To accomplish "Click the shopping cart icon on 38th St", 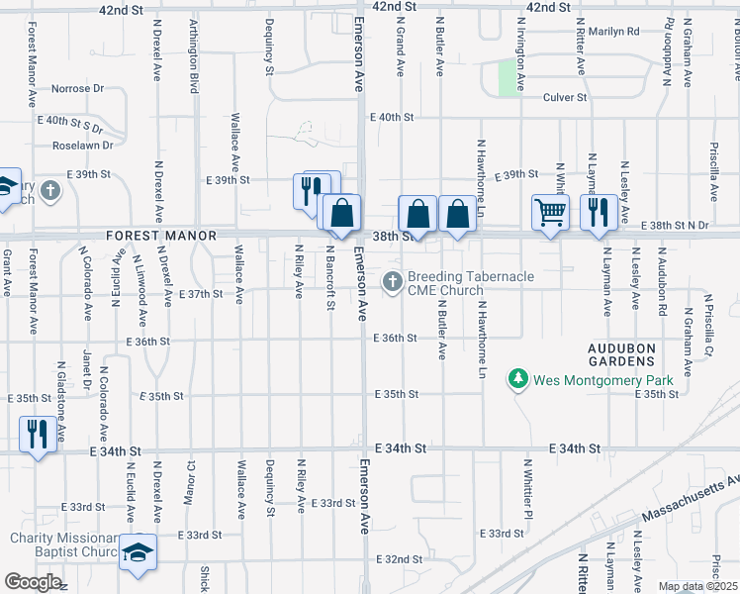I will pyautogui.click(x=550, y=211).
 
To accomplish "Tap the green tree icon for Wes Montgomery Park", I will pyautogui.click(x=517, y=378).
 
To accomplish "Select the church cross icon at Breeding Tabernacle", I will pyautogui.click(x=393, y=282).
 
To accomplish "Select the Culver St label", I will pyautogui.click(x=566, y=98).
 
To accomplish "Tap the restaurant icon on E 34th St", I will pyautogui.click(x=38, y=434).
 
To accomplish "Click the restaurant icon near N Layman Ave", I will pyautogui.click(x=599, y=211).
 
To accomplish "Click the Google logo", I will pyautogui.click(x=33, y=582).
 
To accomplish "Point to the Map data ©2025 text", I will pyautogui.click(x=697, y=586).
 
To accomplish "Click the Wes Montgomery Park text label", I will pyautogui.click(x=603, y=379).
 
